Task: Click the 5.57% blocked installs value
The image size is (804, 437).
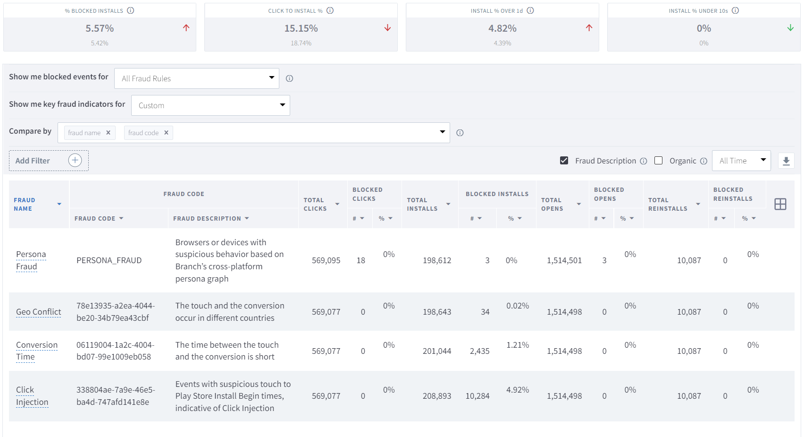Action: click(x=100, y=28)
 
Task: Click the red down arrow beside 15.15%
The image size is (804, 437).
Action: click(x=387, y=28)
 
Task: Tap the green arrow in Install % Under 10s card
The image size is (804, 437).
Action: click(x=790, y=28)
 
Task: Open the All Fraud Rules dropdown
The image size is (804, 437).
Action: click(x=196, y=78)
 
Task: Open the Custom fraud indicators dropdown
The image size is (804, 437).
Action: click(x=210, y=105)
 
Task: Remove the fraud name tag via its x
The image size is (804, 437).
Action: click(x=108, y=133)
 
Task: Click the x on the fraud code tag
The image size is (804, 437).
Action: click(x=166, y=133)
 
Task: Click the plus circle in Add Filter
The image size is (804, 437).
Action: click(x=75, y=161)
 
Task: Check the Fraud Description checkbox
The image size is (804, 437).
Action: click(x=564, y=161)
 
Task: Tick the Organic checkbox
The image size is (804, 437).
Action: click(x=659, y=161)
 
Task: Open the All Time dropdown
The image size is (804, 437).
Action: click(x=741, y=161)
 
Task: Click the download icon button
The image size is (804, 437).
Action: click(x=786, y=161)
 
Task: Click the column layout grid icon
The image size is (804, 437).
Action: click(x=780, y=204)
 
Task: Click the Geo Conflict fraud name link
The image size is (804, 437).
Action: click(x=39, y=312)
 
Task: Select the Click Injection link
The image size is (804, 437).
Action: click(x=32, y=396)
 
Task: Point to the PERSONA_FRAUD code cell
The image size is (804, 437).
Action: click(x=109, y=260)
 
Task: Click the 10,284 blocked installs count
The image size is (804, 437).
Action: click(x=477, y=396)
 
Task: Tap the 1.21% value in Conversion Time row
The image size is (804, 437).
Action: click(x=518, y=345)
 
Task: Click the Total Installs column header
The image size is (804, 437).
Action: click(x=423, y=204)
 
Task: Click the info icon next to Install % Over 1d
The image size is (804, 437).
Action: click(x=530, y=10)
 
